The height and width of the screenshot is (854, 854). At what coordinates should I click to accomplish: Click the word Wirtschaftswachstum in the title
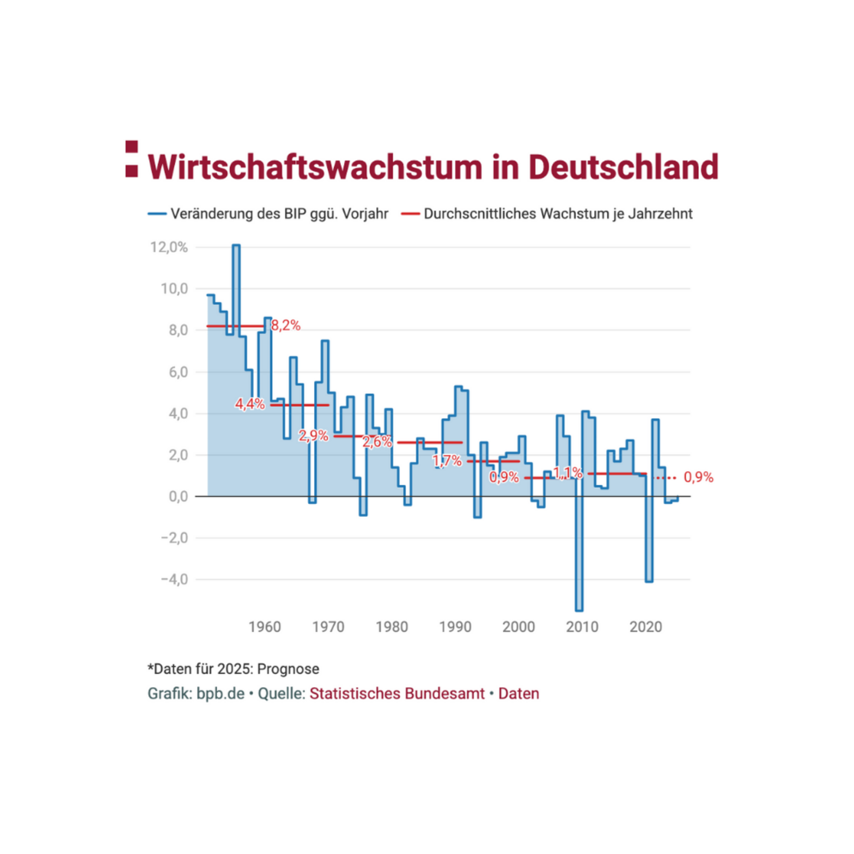pyautogui.click(x=315, y=168)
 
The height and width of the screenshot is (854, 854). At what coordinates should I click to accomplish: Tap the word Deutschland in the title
pyautogui.click(x=623, y=168)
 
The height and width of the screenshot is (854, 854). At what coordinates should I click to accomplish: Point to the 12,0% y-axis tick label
pyautogui.click(x=169, y=248)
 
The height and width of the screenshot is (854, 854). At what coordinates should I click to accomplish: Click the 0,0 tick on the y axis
pyautogui.click(x=178, y=496)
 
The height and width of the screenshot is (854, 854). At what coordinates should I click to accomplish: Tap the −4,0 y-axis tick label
pyautogui.click(x=175, y=579)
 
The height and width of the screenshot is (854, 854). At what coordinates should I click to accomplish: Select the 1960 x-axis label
pyautogui.click(x=265, y=627)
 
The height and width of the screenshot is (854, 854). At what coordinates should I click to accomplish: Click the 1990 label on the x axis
pyautogui.click(x=455, y=627)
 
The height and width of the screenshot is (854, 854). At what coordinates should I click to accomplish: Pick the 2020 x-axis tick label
pyautogui.click(x=646, y=627)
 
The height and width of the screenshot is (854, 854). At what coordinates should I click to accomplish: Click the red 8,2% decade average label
pyautogui.click(x=286, y=326)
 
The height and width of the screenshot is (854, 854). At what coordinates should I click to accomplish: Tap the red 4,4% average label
pyautogui.click(x=250, y=404)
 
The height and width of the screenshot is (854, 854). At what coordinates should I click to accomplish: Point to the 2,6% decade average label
pyautogui.click(x=377, y=442)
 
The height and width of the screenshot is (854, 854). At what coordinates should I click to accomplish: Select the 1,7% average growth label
pyautogui.click(x=447, y=461)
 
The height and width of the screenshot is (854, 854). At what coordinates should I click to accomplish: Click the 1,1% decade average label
pyautogui.click(x=568, y=474)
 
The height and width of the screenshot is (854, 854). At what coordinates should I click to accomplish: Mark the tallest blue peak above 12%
pyautogui.click(x=236, y=246)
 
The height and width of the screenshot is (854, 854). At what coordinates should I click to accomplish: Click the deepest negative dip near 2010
pyautogui.click(x=579, y=610)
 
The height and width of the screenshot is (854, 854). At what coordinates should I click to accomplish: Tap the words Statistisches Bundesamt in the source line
pyautogui.click(x=397, y=694)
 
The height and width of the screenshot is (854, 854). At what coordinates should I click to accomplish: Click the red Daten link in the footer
pyautogui.click(x=519, y=694)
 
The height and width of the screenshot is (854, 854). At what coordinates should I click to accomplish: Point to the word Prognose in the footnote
pyautogui.click(x=288, y=669)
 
